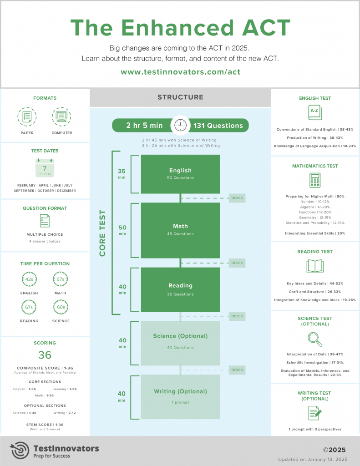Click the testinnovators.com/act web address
point(180,72)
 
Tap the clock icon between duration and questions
point(180,125)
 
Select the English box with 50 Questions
point(180,174)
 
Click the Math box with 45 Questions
point(180,230)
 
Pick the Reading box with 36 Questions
point(180,289)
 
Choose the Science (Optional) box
point(180,343)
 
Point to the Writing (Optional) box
point(180,397)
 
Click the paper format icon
point(27,117)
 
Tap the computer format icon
point(61,117)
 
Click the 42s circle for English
point(29,279)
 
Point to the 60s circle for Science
point(61,307)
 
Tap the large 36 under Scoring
point(45,355)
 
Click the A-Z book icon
point(314,112)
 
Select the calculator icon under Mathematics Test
point(314,180)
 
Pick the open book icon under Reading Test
point(314,266)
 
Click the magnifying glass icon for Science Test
point(314,339)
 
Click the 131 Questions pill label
point(218,125)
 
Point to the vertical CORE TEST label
point(102,233)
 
